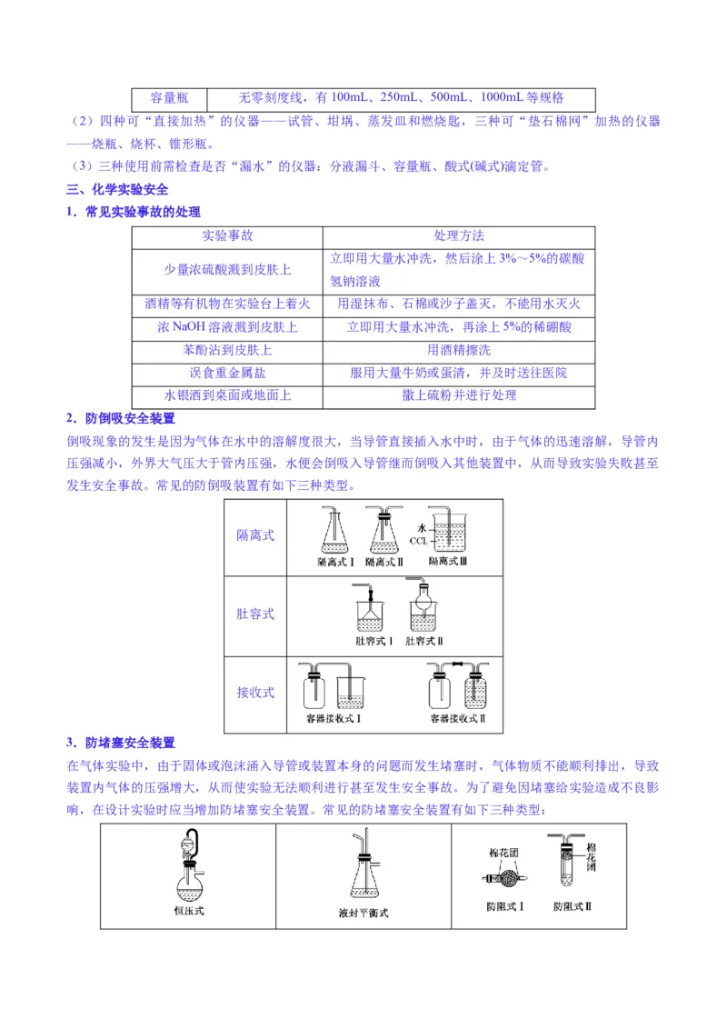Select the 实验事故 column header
pyautogui.click(x=227, y=235)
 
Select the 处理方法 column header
pyautogui.click(x=459, y=235)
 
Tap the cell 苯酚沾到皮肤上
pyautogui.click(x=227, y=350)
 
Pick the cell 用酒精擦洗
pyautogui.click(x=459, y=350)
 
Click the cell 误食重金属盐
pyautogui.click(x=227, y=373)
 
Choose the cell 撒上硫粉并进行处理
pyautogui.click(x=459, y=395)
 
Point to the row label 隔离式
pyautogui.click(x=255, y=535)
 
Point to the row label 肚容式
pyautogui.click(x=255, y=614)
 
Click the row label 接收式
pyautogui.click(x=255, y=693)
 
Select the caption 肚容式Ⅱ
pyautogui.click(x=424, y=641)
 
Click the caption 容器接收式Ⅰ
pyautogui.click(x=335, y=718)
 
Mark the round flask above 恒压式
pyautogui.click(x=189, y=877)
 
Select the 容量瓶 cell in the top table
pyautogui.click(x=168, y=98)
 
